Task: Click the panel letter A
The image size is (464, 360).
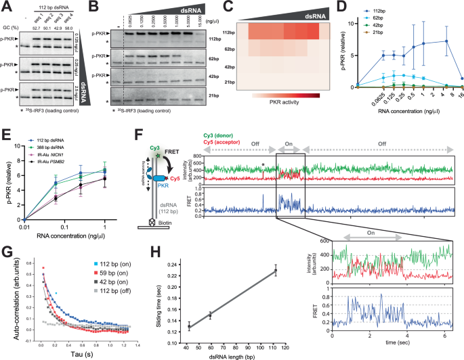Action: click(7, 7)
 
